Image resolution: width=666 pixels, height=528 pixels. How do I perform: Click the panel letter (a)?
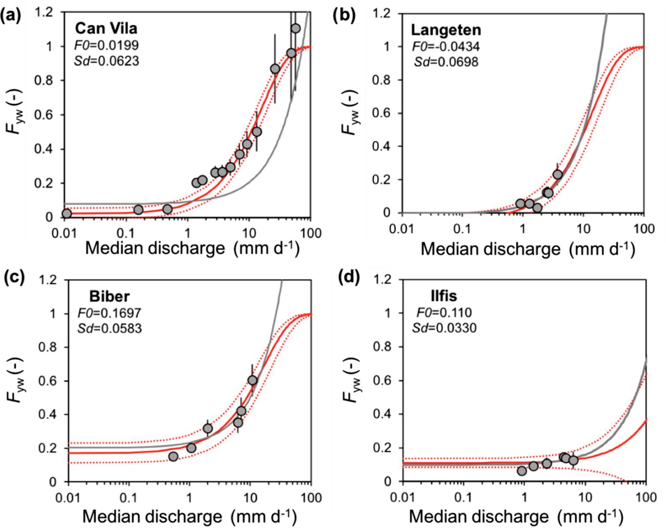pyautogui.click(x=11, y=16)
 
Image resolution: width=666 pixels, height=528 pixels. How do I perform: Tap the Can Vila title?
pyautogui.click(x=106, y=29)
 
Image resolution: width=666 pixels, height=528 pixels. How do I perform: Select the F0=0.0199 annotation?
pyautogui.click(x=106, y=45)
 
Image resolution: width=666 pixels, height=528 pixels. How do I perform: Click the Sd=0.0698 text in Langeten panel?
pyautogui.click(x=446, y=62)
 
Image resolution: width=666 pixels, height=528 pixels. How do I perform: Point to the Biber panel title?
pyautogui.click(x=109, y=297)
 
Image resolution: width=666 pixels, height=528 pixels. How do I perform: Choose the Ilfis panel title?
pyautogui.click(x=444, y=296)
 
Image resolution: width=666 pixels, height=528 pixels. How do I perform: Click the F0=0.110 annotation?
pyautogui.click(x=444, y=312)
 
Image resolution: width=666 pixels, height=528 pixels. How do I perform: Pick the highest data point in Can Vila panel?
pyautogui.click(x=296, y=29)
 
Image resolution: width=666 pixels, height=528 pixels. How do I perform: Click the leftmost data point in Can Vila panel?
pyautogui.click(x=67, y=213)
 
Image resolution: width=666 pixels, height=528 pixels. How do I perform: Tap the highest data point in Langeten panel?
pyautogui.click(x=557, y=174)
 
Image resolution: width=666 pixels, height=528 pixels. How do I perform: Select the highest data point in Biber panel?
pyautogui.click(x=252, y=380)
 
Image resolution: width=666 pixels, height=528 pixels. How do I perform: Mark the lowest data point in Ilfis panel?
pyautogui.click(x=522, y=471)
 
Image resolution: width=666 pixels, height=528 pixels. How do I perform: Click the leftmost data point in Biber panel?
pyautogui.click(x=173, y=456)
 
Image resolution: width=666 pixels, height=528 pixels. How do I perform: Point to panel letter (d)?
pyautogui.click(x=349, y=278)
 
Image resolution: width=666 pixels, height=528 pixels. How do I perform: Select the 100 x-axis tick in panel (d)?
pyautogui.click(x=646, y=498)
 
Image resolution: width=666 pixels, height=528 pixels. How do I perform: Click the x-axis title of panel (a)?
pyautogui.click(x=192, y=249)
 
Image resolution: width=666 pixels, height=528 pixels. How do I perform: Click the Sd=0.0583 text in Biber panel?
pyautogui.click(x=109, y=328)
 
